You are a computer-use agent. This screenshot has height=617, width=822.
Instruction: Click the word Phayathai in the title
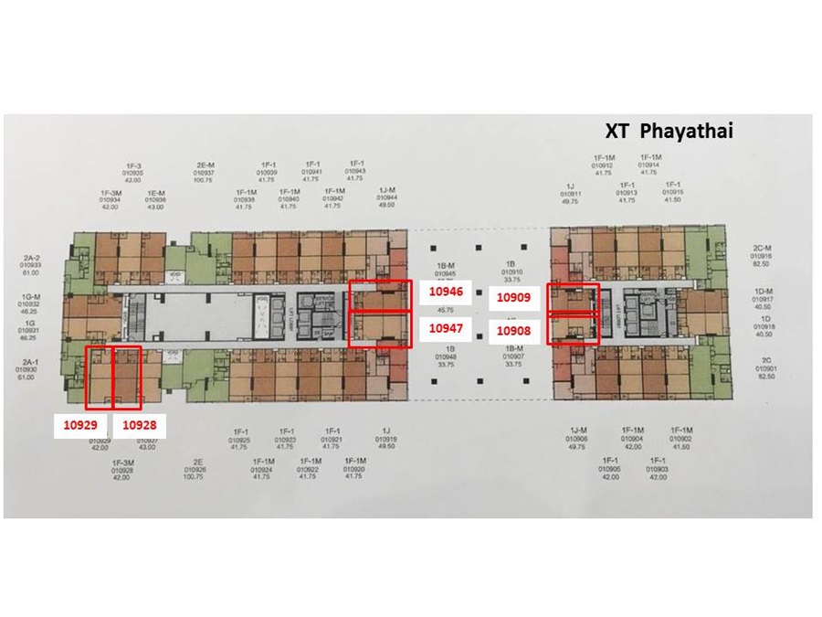(686, 131)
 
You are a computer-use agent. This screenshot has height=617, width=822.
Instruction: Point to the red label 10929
(79, 424)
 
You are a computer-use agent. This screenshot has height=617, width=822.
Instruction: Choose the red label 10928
(139, 424)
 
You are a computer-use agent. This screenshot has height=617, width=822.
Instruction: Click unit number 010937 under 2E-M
(204, 172)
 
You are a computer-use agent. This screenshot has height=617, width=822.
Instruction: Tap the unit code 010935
(134, 172)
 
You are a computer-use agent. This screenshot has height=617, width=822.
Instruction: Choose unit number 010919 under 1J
(386, 440)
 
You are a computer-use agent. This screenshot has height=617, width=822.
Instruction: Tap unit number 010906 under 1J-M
(576, 440)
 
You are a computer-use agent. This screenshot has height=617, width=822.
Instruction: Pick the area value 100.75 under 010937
(204, 180)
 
